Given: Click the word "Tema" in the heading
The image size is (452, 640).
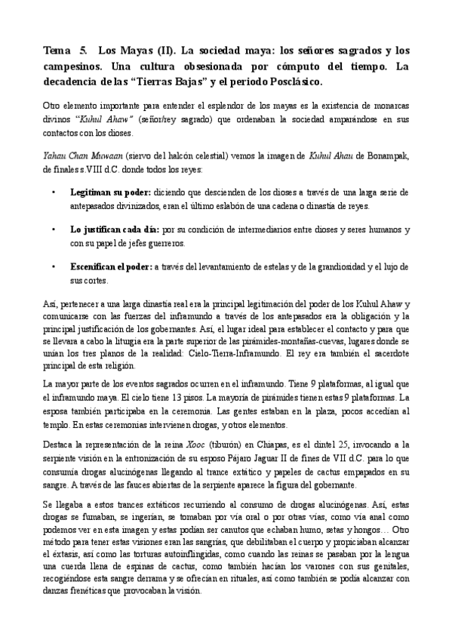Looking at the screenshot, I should pyautogui.click(x=56, y=51).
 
